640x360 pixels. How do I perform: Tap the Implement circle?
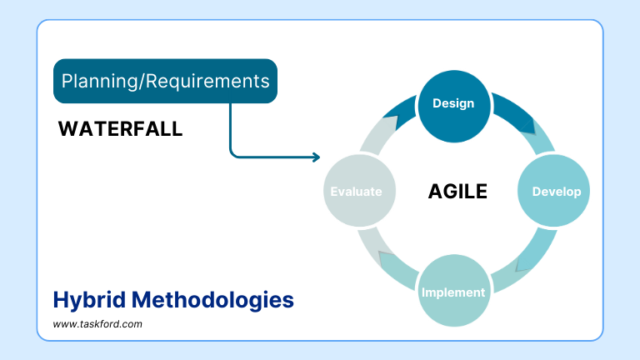click(453, 292)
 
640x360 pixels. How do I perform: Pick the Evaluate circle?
click(356, 191)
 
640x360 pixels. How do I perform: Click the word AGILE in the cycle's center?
click(457, 192)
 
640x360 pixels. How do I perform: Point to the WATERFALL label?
click(121, 130)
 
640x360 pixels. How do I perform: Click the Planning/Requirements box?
click(166, 81)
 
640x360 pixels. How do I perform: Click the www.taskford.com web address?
click(97, 323)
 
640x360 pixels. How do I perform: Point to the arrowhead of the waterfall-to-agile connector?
click(316, 157)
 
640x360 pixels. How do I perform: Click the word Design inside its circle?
click(453, 104)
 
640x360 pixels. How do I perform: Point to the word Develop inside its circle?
click(556, 191)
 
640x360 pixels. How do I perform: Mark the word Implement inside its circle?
click(453, 292)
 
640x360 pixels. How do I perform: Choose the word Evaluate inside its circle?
click(356, 192)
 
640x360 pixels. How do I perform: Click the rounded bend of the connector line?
click(232, 153)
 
